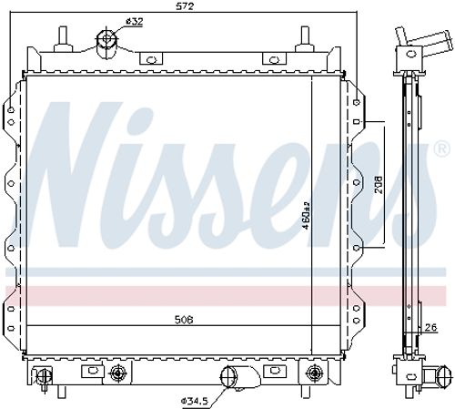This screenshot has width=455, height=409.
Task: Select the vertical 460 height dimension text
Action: [308, 215]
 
